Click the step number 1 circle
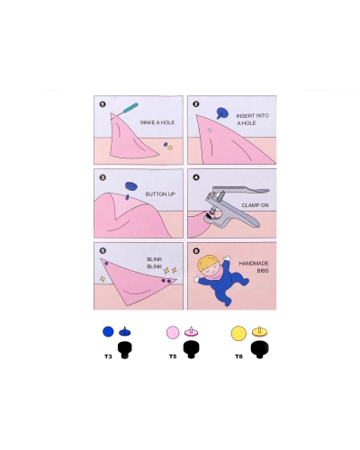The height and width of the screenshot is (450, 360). click(103, 104)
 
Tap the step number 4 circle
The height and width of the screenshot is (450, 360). click(196, 177)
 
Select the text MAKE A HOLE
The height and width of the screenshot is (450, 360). click(157, 122)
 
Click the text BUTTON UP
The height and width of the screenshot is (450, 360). click(160, 194)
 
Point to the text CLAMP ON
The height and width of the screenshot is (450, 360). click(255, 205)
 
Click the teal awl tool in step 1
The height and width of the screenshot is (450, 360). click(126, 111)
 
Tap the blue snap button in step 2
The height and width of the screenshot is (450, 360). click(222, 113)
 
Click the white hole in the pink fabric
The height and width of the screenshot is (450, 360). click(210, 130)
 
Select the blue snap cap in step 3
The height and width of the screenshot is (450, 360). click(131, 185)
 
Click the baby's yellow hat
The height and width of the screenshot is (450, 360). click(207, 263)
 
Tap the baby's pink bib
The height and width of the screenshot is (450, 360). click(214, 274)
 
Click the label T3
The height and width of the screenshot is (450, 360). click(108, 356)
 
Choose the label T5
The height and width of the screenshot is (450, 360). click(173, 356)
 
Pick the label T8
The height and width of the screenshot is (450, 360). click(238, 356)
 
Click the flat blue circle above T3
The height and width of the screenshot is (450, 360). click(108, 332)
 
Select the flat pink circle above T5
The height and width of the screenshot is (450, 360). click(173, 332)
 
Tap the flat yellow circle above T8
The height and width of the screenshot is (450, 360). click(238, 333)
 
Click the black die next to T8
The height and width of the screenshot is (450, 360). click(260, 349)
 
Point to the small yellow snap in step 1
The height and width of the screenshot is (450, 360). click(170, 148)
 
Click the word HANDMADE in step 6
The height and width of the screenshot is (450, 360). click(254, 264)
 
